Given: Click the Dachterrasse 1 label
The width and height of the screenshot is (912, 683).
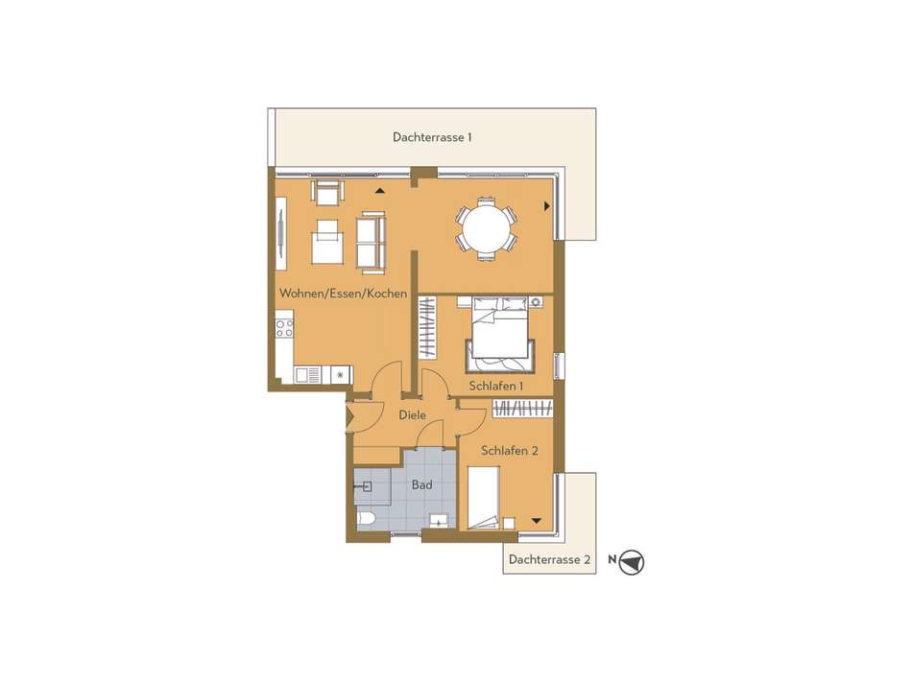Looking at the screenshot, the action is point(432,137).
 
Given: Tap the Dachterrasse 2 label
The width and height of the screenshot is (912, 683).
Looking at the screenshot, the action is point(550,559).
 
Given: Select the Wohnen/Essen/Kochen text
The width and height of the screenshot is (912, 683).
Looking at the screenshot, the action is point(343,293).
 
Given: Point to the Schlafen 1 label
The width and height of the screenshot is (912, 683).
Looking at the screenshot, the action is point(496,386).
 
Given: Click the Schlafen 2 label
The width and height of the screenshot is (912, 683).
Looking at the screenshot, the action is point(510,451).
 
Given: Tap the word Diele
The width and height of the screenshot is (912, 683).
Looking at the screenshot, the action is point(413,415).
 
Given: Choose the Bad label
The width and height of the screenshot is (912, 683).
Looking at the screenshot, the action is point(421,484).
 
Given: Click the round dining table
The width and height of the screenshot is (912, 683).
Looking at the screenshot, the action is point(487,228).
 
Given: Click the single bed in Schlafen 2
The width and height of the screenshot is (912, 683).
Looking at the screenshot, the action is point(484,498).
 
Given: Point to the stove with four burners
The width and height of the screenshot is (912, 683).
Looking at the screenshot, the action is point(284,328).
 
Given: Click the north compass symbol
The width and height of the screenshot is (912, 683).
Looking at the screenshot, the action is point(631,562).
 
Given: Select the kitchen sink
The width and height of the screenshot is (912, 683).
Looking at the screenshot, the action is point(308,375).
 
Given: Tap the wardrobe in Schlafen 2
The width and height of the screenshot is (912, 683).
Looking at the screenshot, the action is point(522,408).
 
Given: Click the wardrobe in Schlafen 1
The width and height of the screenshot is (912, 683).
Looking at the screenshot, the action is point(427,327).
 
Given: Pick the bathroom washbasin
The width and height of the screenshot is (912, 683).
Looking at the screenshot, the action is point(439,520).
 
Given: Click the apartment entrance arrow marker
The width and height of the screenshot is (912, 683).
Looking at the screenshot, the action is point(350,416).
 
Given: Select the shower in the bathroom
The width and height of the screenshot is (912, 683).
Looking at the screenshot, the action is point(372,487).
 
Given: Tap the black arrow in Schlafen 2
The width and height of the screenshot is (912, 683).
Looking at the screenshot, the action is point(537,521).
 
